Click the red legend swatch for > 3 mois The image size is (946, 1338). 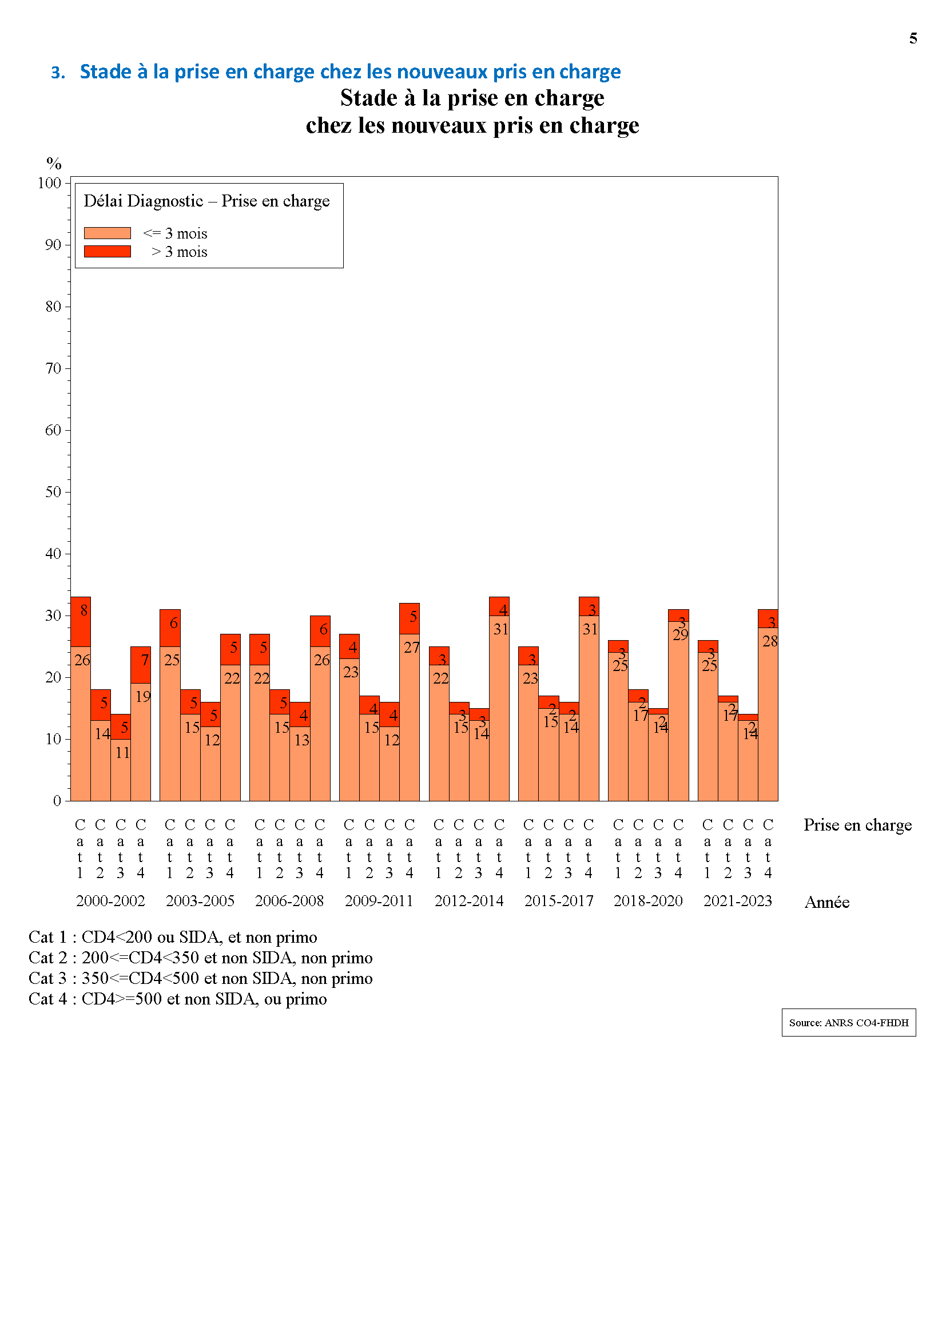pyautogui.click(x=107, y=251)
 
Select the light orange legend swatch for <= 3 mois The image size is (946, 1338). pyautogui.click(x=107, y=233)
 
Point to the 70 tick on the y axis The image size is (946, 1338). pyautogui.click(x=53, y=368)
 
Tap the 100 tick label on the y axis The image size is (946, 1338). pyautogui.click(x=50, y=183)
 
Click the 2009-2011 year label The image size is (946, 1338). pyautogui.click(x=379, y=901)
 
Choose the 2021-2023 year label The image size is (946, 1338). pyautogui.click(x=737, y=901)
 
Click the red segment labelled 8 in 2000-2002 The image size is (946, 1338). pyautogui.click(x=81, y=622)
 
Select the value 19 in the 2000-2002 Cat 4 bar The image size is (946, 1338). pyautogui.click(x=143, y=696)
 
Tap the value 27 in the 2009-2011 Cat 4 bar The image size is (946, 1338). pyautogui.click(x=411, y=648)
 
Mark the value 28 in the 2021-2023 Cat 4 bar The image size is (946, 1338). pyautogui.click(x=769, y=641)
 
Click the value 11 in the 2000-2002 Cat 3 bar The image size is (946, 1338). pyautogui.click(x=122, y=752)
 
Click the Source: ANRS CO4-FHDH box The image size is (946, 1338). pyautogui.click(x=848, y=1022)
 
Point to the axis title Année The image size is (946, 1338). pyautogui.click(x=826, y=902)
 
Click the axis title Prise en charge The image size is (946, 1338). pyautogui.click(x=857, y=825)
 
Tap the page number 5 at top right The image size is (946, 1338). pyautogui.click(x=913, y=38)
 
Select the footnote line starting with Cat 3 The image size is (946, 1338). pyautogui.click(x=200, y=978)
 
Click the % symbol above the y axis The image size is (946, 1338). pyautogui.click(x=54, y=163)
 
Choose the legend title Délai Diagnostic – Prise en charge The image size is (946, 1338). pyautogui.click(x=206, y=201)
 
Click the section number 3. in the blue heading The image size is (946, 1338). pyautogui.click(x=58, y=72)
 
